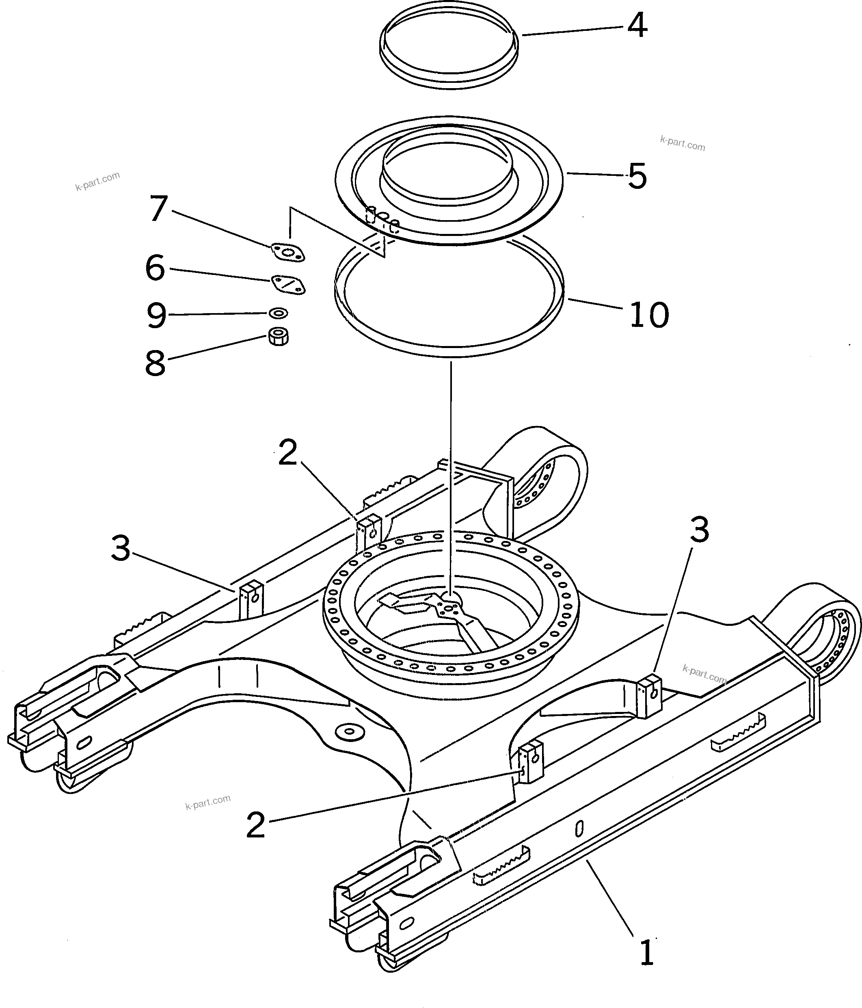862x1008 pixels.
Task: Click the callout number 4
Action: pos(637,25)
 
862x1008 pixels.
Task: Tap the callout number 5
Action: pos(637,176)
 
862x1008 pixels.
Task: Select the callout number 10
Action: pos(649,315)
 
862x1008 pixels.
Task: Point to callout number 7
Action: pos(158,209)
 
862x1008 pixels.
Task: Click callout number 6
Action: pos(155,268)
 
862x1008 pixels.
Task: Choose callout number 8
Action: pos(155,363)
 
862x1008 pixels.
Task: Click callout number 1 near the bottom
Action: pos(646,953)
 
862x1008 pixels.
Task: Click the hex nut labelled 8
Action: pos(278,336)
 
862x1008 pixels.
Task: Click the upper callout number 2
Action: pos(287,452)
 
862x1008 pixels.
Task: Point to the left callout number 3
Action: pos(121,548)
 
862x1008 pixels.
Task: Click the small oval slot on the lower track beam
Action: pos(579,829)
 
